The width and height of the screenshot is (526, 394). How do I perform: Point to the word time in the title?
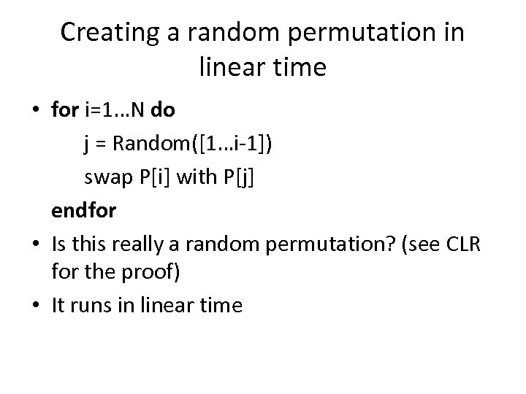coord(300,68)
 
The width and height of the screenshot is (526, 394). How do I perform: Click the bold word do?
coord(163,110)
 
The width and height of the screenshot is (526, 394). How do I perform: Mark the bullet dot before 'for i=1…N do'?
coord(36,112)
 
